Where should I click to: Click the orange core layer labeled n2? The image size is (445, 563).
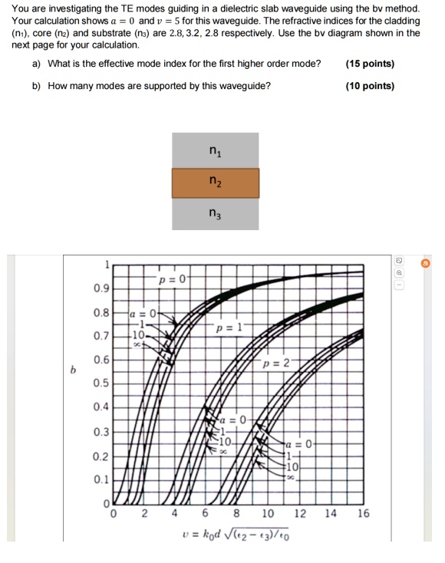(x=216, y=183)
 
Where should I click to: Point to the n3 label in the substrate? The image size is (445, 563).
(x=216, y=215)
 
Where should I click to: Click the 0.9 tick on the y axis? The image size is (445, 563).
(x=101, y=289)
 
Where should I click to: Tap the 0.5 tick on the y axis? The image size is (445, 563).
(x=101, y=384)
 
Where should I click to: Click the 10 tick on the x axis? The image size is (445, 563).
(x=269, y=513)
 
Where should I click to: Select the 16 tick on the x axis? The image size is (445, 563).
(x=363, y=513)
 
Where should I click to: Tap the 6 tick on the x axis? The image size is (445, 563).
(x=206, y=513)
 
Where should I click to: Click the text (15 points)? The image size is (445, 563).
(x=370, y=64)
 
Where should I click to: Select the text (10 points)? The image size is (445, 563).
(x=370, y=86)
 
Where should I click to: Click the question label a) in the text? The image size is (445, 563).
(x=37, y=64)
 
